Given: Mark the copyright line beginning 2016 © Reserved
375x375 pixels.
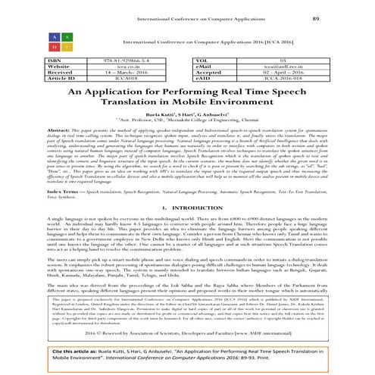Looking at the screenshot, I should pos(187,332).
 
